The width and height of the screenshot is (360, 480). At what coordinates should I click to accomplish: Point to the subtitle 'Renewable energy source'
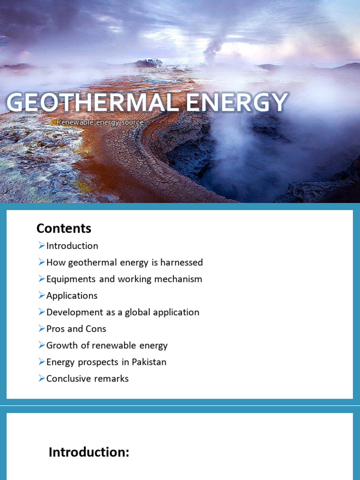click(x=100, y=122)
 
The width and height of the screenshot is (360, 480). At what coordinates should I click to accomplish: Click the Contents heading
click(x=64, y=228)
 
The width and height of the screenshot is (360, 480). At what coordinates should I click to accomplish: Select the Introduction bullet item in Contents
click(x=72, y=246)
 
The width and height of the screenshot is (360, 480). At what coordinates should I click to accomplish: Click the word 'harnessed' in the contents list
click(x=182, y=262)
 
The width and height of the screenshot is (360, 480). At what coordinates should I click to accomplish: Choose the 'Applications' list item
click(x=72, y=296)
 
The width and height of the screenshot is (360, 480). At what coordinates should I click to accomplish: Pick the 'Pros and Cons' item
click(x=76, y=329)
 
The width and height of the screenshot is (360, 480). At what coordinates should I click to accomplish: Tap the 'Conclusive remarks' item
click(x=87, y=379)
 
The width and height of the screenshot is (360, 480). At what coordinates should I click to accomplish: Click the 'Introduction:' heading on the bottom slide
click(x=89, y=452)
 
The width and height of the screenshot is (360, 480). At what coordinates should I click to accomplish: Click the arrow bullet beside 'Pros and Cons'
click(x=42, y=329)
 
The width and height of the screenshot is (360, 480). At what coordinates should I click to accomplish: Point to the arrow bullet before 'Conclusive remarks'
click(x=42, y=378)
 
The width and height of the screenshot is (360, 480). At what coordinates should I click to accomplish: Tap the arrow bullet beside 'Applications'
click(x=42, y=295)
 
